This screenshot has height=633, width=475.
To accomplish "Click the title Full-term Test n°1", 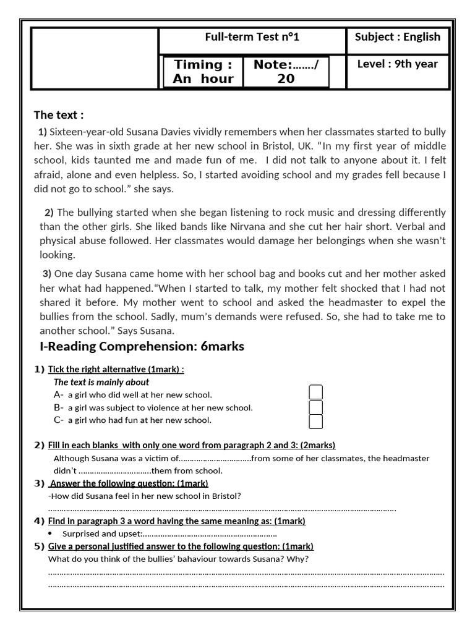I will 252,37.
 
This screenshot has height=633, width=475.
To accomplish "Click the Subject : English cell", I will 397,37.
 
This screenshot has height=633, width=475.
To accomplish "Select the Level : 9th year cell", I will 397,64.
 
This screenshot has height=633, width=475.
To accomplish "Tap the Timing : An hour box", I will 203,72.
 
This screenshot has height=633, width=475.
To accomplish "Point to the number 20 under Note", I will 286,79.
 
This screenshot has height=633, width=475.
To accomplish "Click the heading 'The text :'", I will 59,115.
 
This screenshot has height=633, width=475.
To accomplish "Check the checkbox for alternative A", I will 315,393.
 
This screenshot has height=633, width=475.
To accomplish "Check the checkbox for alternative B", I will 315,407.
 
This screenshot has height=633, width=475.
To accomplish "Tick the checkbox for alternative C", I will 315,422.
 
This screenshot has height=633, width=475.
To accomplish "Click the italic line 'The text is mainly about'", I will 101,382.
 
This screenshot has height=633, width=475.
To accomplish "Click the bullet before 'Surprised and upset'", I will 50,533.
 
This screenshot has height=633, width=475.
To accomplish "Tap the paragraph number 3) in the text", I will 47,274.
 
